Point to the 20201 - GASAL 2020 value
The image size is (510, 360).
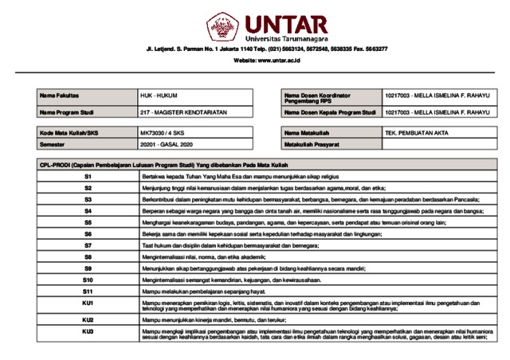coord(167,144)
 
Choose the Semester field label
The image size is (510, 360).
coord(52,144)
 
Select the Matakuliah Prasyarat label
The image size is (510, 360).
coord(312,144)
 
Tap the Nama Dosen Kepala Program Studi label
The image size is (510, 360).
coord(329,112)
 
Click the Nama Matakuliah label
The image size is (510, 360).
coord(307,131)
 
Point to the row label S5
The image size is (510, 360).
coord(88,222)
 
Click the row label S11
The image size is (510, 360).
coord(88,292)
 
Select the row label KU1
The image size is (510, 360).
coord(88,306)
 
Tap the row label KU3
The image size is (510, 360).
coord(88,333)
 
